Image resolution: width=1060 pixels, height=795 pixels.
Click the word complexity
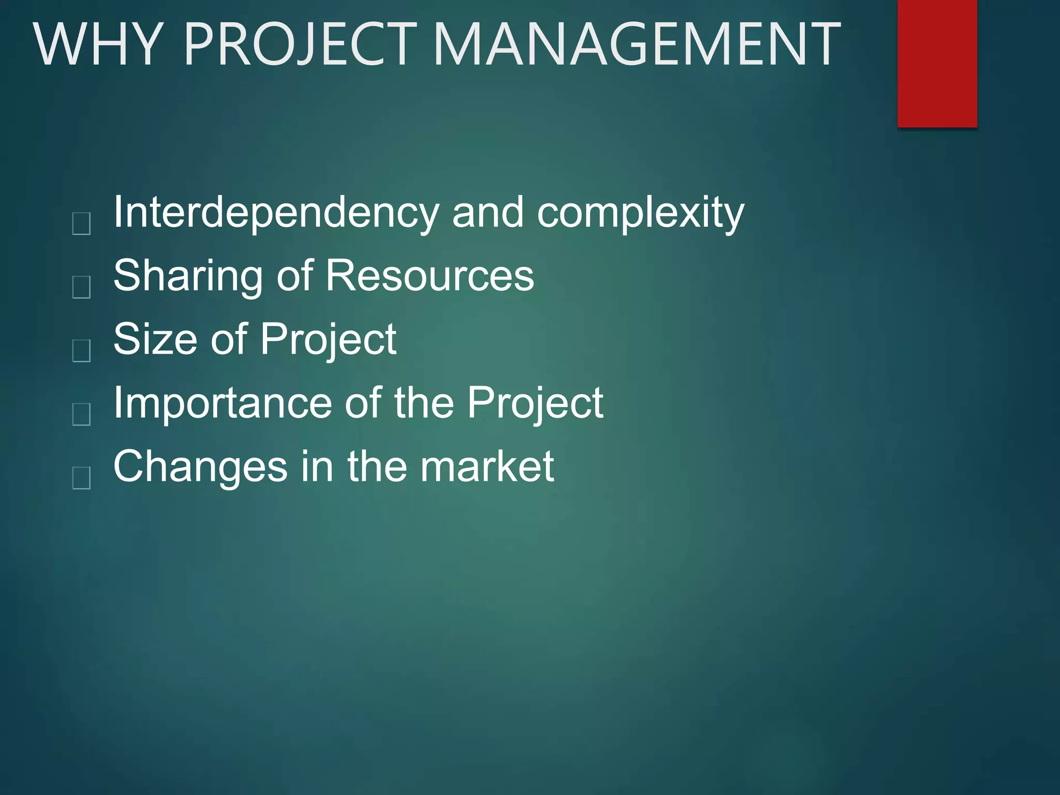tap(640, 213)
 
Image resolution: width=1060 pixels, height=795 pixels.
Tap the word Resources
tap(430, 275)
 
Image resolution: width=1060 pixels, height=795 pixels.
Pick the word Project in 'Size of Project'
tap(328, 340)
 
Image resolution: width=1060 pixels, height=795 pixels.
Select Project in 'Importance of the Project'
tap(535, 404)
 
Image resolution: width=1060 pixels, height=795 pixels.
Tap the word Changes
tap(200, 467)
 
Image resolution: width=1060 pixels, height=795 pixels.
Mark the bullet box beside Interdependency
tap(82, 224)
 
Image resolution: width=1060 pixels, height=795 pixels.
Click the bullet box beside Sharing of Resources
tap(82, 287)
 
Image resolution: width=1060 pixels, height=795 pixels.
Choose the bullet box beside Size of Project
tap(82, 350)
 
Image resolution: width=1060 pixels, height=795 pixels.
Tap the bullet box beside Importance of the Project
tap(82, 414)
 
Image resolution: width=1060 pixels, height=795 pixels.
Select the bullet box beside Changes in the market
tap(82, 478)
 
